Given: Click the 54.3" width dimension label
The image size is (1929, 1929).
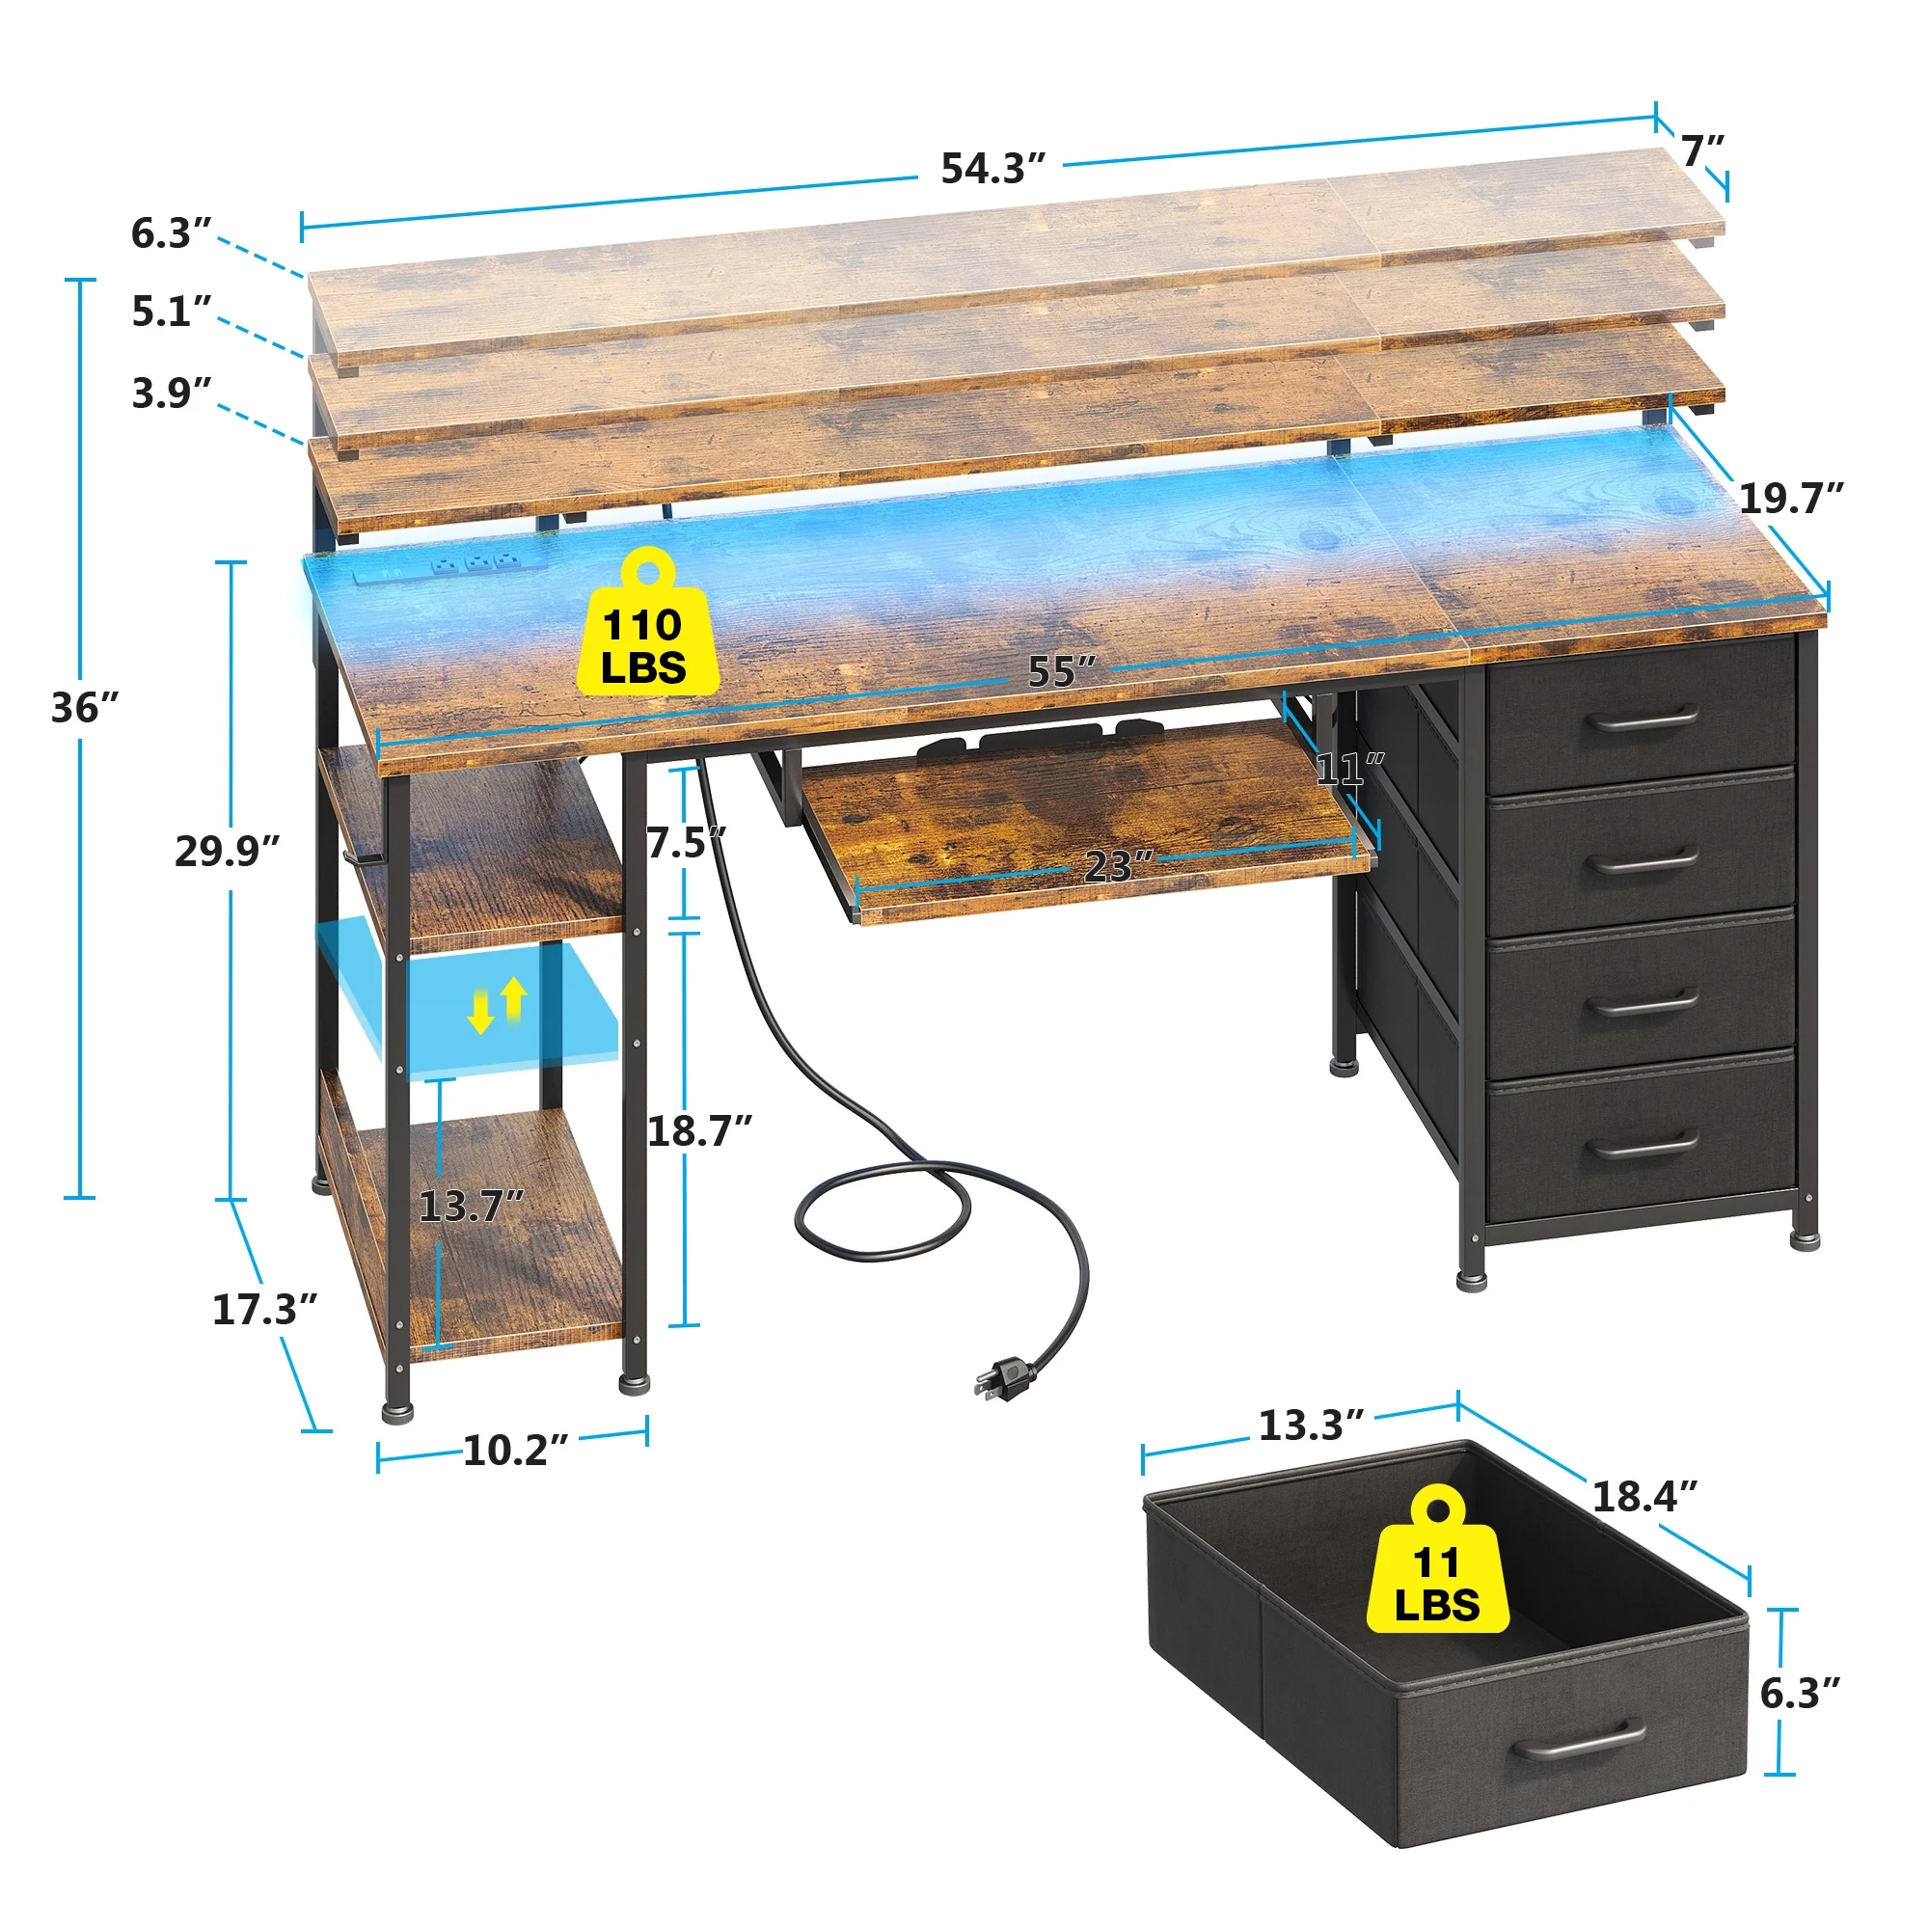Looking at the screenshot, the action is [992, 169].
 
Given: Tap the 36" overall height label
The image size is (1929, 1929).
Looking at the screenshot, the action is [85, 708].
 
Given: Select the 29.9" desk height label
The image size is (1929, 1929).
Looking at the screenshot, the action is [227, 851].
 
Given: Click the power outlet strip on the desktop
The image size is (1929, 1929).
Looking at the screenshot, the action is [450, 567].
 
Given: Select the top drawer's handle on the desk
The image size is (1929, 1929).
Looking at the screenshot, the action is [1643, 717].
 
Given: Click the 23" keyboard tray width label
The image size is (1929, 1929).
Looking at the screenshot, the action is [1118, 867].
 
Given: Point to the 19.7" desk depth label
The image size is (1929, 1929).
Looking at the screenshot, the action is [1791, 498].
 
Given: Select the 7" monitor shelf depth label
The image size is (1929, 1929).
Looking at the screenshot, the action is [1703, 150].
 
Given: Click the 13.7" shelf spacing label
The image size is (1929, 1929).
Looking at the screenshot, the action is [472, 1207].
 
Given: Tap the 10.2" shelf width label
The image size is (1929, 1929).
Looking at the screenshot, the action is [515, 1451].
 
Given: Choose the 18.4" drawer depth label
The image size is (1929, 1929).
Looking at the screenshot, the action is [1644, 1497].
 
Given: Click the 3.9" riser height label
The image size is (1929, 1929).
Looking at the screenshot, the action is [172, 394].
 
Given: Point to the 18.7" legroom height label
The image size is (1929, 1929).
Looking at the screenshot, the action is [700, 1131].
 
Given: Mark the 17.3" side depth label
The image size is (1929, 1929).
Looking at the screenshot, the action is [264, 1310].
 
